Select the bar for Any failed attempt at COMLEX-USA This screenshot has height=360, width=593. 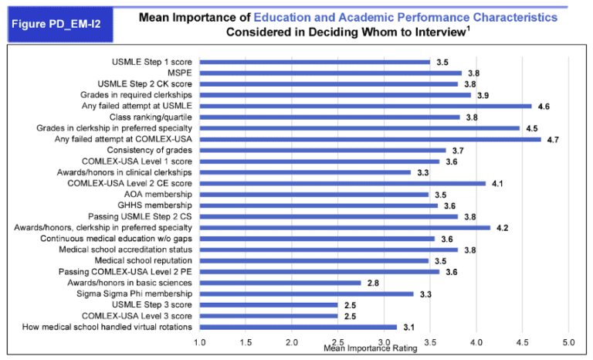(x=371, y=139)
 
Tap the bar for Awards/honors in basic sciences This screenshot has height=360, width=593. (x=281, y=283)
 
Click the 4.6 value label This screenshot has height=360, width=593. (x=544, y=106)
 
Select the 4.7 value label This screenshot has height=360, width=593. (x=553, y=139)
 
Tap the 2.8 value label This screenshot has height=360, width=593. (x=373, y=283)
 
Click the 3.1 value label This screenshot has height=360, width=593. (x=408, y=327)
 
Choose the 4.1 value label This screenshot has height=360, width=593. (x=497, y=183)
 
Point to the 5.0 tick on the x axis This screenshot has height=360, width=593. (x=568, y=341)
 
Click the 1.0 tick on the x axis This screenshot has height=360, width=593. (x=200, y=341)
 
